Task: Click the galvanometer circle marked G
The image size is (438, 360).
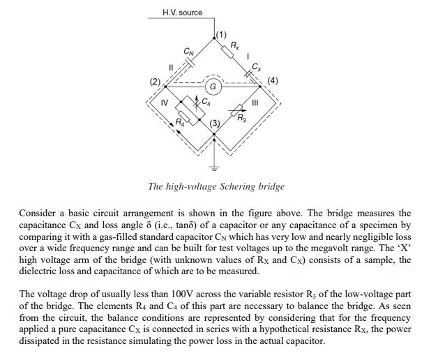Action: click(x=215, y=88)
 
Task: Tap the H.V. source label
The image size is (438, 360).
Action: click(x=182, y=13)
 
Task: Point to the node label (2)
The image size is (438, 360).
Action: click(x=154, y=82)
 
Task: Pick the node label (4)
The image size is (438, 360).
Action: click(x=273, y=82)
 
